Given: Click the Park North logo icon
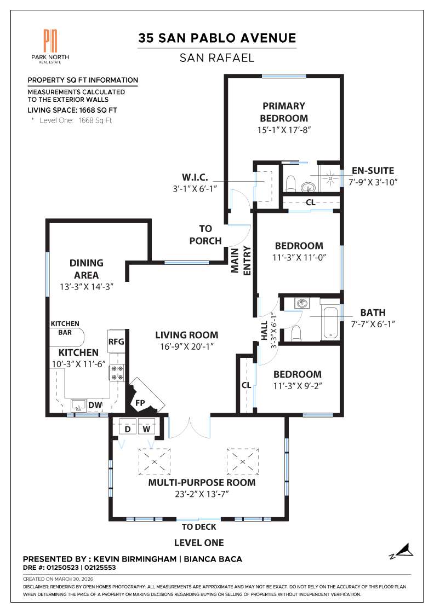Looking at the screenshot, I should point(50,41).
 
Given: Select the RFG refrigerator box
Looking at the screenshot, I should point(116,341).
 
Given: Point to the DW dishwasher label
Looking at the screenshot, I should point(95,405).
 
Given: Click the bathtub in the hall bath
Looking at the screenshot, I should point(330,321).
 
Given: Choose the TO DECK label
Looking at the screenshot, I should point(199,527).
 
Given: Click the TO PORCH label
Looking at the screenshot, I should point(205,235).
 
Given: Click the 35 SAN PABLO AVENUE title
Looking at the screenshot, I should point(217,38).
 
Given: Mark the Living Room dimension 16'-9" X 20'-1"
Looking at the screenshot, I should point(186,346).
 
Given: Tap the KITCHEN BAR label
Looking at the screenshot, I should point(65,328).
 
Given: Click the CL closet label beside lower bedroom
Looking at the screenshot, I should point(246,385).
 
